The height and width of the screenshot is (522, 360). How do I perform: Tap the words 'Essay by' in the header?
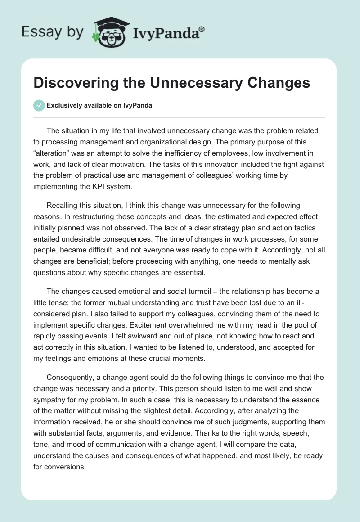pyautogui.click(x=53, y=31)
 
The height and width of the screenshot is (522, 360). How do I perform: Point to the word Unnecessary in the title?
pyautogui.click(x=194, y=83)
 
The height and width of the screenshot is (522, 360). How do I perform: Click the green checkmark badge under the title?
pyautogui.click(x=39, y=105)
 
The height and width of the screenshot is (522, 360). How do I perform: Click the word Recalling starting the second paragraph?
pyautogui.click(x=63, y=207)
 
